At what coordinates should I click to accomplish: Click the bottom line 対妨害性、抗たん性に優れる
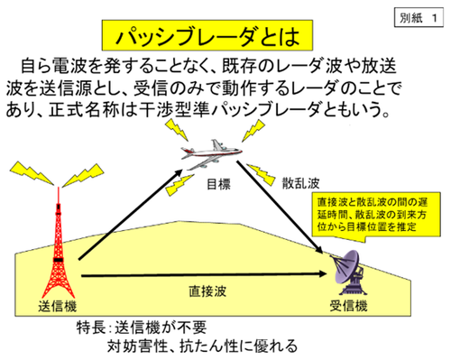point(203,346)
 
